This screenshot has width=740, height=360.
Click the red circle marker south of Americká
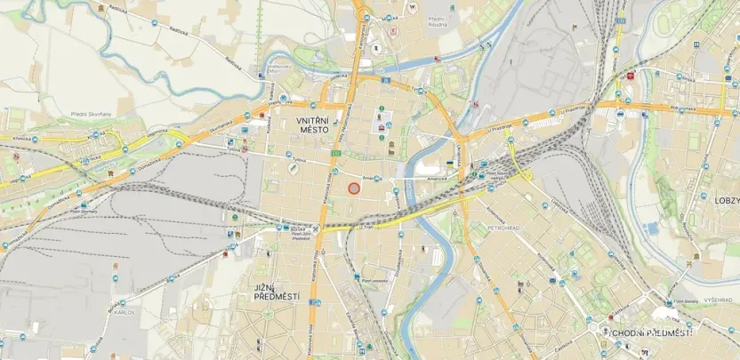click(353, 188)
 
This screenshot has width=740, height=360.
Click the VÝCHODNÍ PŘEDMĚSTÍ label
click(647, 332)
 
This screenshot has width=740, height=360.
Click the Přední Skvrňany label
click(65, 113)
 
